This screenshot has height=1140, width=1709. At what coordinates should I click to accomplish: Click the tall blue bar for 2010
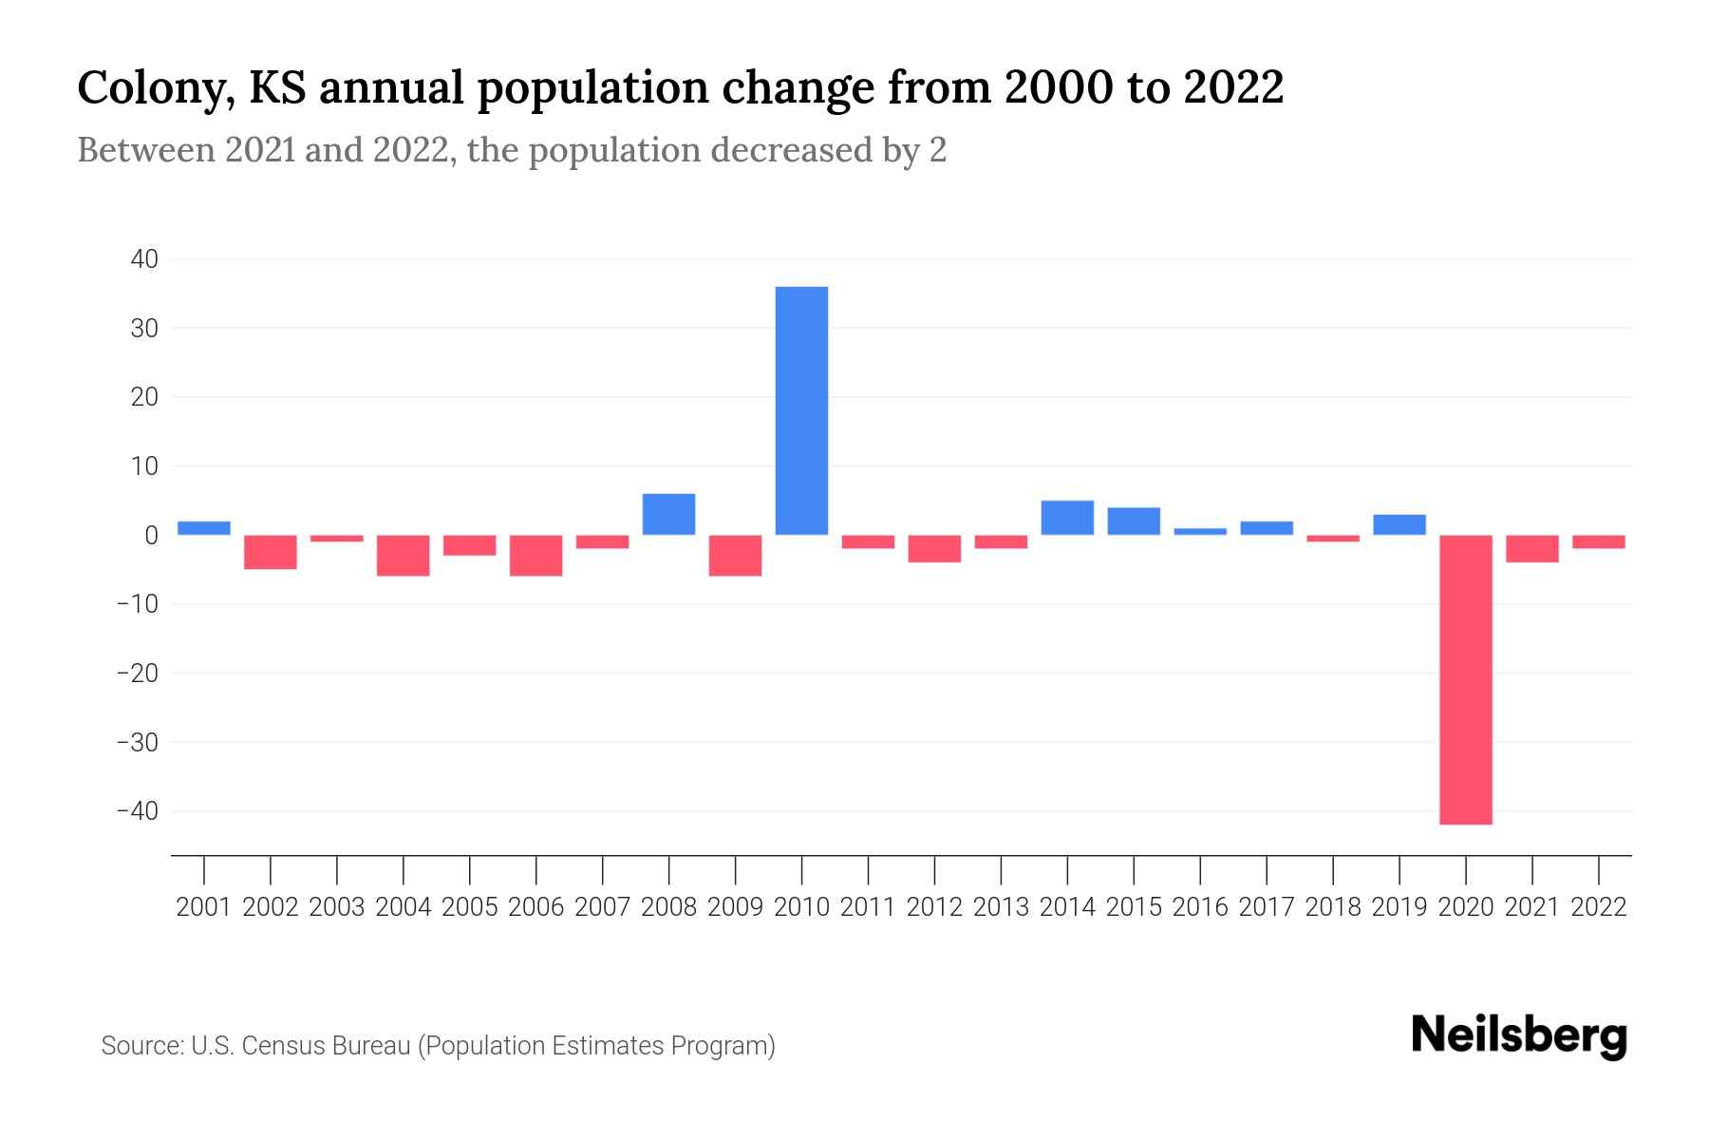click(801, 410)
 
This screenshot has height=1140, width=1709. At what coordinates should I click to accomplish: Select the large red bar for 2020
click(1465, 679)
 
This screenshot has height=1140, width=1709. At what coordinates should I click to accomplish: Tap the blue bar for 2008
click(668, 514)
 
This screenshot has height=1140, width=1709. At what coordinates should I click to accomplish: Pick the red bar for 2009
click(735, 555)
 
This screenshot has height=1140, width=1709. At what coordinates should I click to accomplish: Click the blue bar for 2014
click(1067, 518)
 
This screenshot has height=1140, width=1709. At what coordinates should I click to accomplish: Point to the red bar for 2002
click(271, 552)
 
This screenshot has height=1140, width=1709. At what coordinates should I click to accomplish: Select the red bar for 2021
click(1531, 548)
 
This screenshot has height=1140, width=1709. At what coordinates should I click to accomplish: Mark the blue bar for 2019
click(1399, 524)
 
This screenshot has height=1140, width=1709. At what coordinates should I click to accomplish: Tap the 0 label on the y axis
click(150, 536)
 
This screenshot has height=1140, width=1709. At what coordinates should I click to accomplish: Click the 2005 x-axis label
click(470, 907)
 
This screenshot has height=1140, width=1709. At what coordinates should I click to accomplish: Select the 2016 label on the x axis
click(1200, 907)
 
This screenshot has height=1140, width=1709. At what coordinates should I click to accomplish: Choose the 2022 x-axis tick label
click(1599, 907)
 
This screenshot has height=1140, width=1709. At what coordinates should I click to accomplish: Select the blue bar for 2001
click(204, 528)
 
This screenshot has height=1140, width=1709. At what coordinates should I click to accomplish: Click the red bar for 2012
click(934, 548)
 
